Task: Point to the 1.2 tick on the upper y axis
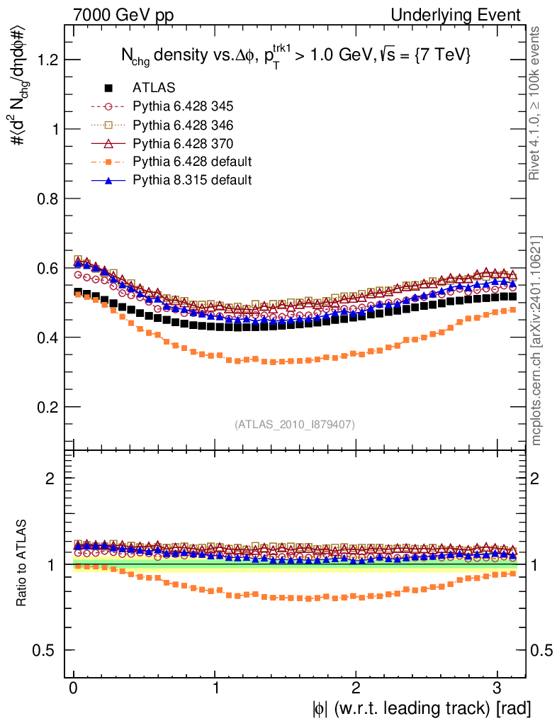pyautogui.click(x=47, y=60)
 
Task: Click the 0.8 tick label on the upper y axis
pyautogui.click(x=47, y=199)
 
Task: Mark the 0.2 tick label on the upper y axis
pyautogui.click(x=47, y=407)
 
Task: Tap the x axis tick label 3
pyautogui.click(x=497, y=688)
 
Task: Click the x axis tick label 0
pyautogui.click(x=73, y=688)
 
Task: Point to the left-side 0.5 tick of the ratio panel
pyautogui.click(x=47, y=650)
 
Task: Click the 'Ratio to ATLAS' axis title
pyautogui.click(x=23, y=565)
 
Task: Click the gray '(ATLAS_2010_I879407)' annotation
pyautogui.click(x=295, y=424)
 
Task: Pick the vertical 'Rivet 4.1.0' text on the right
pyautogui.click(x=536, y=103)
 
